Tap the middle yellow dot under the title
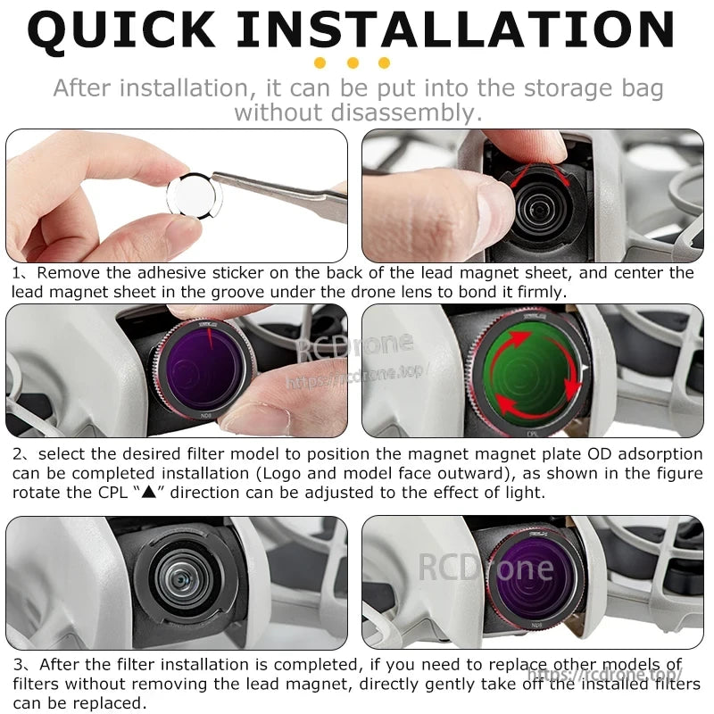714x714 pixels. (353, 62)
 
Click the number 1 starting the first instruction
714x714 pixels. (18, 273)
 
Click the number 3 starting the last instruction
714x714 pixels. (18, 666)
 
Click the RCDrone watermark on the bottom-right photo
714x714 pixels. (486, 566)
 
